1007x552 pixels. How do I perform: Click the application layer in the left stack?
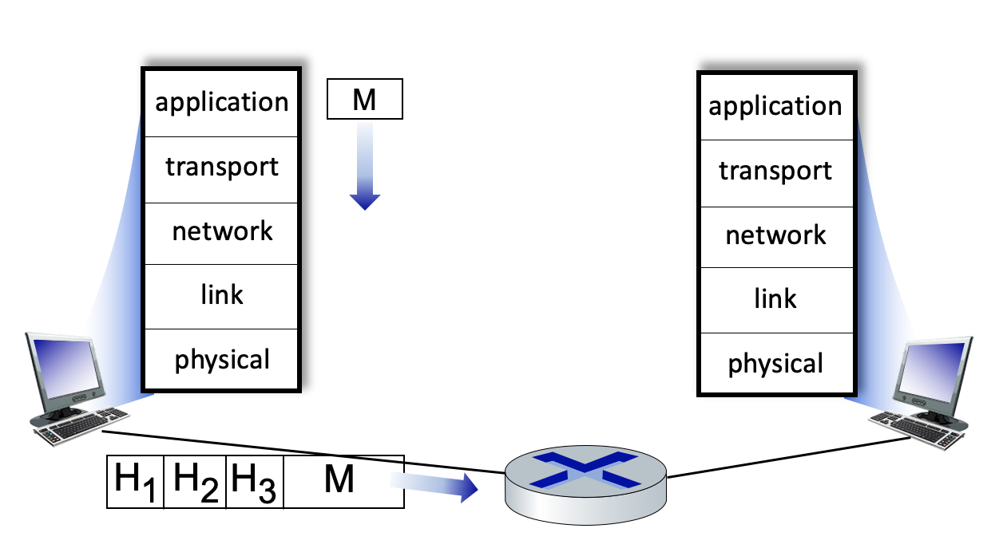[221, 103]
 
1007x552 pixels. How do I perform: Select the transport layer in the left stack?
[221, 168]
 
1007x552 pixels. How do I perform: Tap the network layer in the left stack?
[221, 231]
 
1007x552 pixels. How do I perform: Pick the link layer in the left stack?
[221, 296]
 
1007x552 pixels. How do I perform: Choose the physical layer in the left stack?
[221, 360]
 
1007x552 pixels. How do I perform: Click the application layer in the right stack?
[775, 107]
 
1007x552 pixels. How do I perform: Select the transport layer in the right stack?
[775, 172]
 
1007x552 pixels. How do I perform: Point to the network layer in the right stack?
[775, 236]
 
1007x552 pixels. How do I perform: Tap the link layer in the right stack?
[775, 300]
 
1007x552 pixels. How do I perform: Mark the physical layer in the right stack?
[775, 364]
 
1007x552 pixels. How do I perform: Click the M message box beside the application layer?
[365, 101]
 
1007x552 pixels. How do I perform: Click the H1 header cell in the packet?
[136, 481]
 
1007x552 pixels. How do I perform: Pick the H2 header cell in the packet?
[196, 481]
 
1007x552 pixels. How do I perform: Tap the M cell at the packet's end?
[343, 481]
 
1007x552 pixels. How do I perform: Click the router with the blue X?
[585, 482]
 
